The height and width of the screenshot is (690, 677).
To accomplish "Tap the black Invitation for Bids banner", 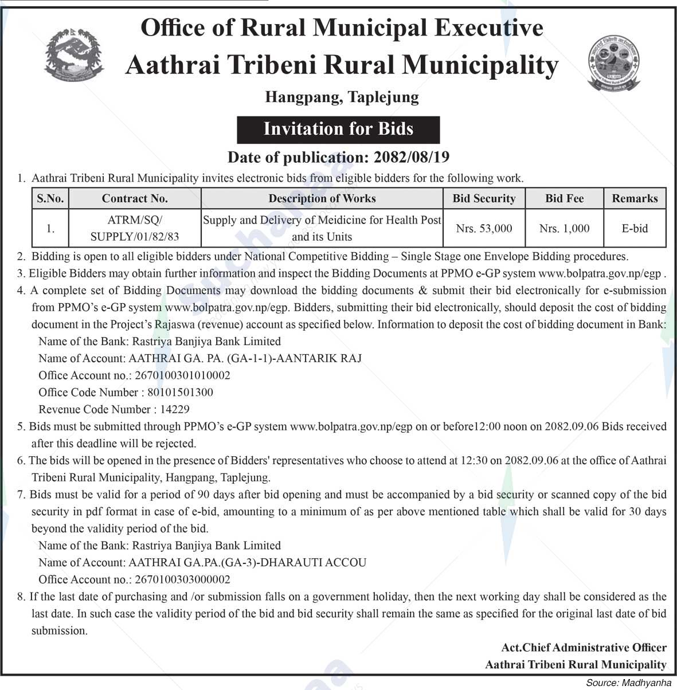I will (x=338, y=129).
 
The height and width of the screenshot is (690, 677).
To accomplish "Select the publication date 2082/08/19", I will (x=411, y=157).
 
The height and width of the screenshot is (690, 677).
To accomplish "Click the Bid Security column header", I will (x=484, y=198).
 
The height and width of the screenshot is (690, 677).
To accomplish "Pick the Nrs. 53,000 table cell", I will (x=484, y=228).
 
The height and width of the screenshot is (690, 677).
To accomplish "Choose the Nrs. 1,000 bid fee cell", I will (x=564, y=228).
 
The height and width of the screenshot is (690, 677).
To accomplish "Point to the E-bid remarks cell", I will (x=635, y=228).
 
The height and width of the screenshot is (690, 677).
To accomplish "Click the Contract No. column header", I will (x=135, y=198).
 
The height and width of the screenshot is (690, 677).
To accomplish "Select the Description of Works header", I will (x=322, y=198).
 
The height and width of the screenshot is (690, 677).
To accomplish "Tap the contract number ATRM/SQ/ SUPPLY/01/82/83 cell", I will (x=135, y=228).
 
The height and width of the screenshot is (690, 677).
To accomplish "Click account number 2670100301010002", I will (x=182, y=375).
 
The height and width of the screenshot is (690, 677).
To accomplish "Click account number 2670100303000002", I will (x=182, y=579).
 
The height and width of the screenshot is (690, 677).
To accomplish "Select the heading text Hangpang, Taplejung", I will (x=342, y=97).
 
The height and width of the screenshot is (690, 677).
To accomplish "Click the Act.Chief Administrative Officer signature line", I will (x=584, y=648).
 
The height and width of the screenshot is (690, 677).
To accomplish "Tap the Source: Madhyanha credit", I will (x=628, y=683).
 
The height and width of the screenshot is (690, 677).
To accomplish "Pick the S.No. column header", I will (x=50, y=198).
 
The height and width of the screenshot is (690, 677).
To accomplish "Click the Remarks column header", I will (x=635, y=198).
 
